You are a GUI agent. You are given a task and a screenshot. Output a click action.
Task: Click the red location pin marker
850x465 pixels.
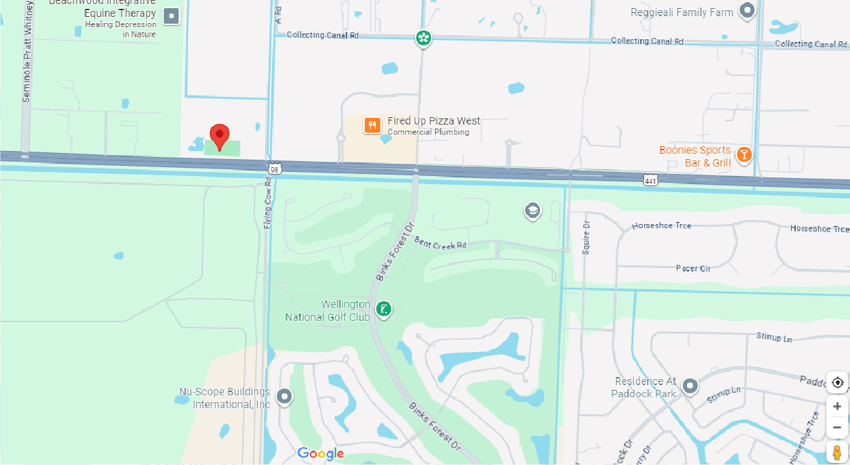point(219,136)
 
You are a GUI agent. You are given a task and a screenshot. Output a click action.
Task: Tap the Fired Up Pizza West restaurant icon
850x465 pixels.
point(372,125)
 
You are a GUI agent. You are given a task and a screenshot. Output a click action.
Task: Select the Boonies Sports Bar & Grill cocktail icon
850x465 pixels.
point(744,156)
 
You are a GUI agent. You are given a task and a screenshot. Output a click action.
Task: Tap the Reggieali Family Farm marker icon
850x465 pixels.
point(747,11)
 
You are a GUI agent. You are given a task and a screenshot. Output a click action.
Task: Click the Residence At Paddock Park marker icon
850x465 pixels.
point(690,386)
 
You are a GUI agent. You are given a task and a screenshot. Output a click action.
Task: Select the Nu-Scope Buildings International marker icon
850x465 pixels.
point(284,397)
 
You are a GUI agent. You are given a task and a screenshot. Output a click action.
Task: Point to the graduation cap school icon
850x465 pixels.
point(533,211)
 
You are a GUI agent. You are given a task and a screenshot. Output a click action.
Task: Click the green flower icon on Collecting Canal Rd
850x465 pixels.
point(424,38)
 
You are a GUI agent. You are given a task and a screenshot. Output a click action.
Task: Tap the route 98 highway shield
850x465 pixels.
point(274,168)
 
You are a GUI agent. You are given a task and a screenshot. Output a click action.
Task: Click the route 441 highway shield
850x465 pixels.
point(650,180)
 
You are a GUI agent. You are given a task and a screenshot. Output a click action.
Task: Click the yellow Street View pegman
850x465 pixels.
point(837,451)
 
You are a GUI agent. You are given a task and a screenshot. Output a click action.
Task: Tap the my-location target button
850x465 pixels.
point(837,382)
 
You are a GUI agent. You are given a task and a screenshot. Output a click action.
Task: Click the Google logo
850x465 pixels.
point(321,453)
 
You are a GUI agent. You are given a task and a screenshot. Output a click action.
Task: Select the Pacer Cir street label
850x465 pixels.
point(693,269)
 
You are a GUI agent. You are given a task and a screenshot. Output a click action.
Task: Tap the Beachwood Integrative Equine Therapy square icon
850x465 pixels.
point(172,16)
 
